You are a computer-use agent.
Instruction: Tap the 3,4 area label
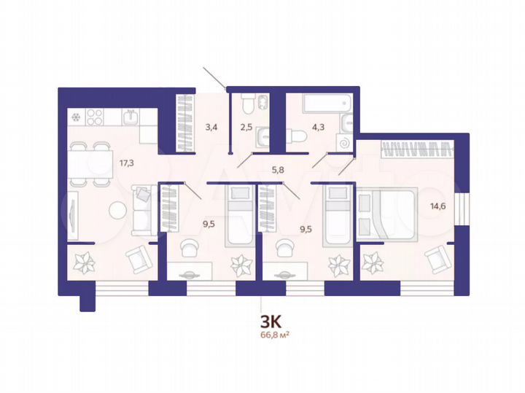(x=211, y=127)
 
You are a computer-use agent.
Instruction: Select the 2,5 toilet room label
(x=246, y=127)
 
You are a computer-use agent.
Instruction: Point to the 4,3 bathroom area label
(x=318, y=127)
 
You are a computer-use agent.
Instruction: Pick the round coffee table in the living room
(x=119, y=211)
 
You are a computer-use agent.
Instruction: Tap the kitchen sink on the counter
(x=132, y=115)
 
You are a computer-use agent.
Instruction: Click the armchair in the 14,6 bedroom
(x=437, y=257)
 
